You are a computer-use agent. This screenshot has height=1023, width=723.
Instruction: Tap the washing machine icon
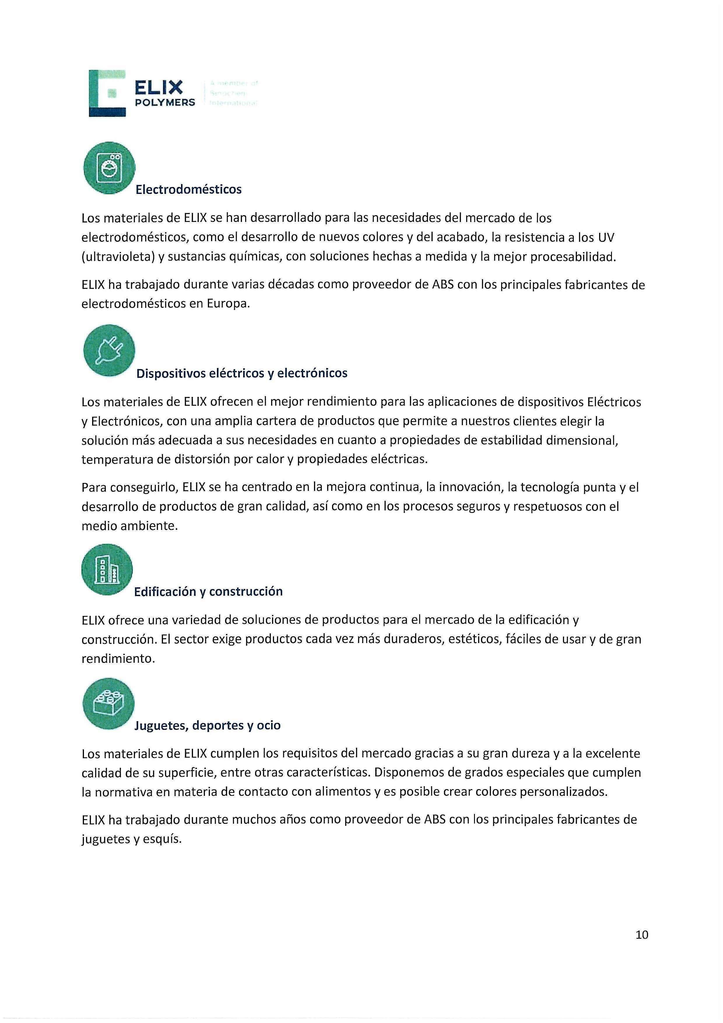(109, 168)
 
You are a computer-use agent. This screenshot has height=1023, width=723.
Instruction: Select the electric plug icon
(109, 351)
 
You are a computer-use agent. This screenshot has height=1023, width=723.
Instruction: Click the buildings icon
(107, 570)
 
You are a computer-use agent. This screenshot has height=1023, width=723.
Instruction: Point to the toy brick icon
(108, 703)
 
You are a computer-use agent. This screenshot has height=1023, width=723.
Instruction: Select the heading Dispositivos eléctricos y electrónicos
(241, 373)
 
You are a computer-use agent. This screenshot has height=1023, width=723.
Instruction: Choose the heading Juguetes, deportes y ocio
(207, 725)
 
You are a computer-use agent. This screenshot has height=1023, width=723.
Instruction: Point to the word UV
(606, 237)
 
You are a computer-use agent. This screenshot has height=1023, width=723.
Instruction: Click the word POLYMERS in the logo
(165, 102)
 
